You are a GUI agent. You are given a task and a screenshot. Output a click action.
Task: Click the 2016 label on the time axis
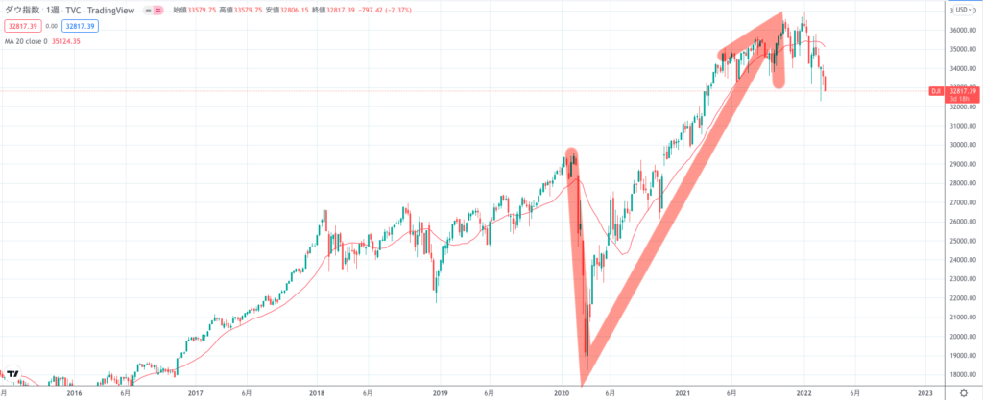(73, 392)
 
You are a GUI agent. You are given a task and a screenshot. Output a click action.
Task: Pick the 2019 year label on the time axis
(441, 392)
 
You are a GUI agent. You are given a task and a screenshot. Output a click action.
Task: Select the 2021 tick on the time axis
(683, 392)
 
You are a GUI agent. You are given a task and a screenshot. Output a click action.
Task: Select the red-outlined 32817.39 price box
(22, 27)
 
